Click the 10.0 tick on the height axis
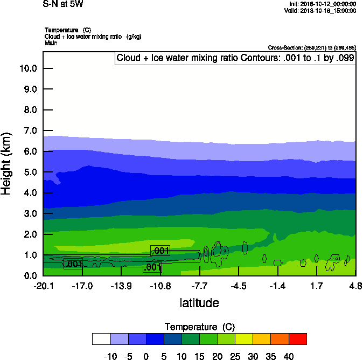pyautogui.click(x=27, y=68)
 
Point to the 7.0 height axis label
pyautogui.click(x=27, y=131)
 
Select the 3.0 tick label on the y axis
pyautogui.click(x=27, y=214)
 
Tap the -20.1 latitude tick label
pyautogui.click(x=43, y=285)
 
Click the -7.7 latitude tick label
pyautogui.click(x=200, y=285)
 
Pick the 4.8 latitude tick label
pyautogui.click(x=355, y=285)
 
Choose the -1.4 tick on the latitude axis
pyautogui.click(x=277, y=285)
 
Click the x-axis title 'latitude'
pyautogui.click(x=199, y=303)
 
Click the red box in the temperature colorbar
pyautogui.click(x=297, y=339)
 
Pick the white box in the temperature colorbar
pyautogui.click(x=101, y=339)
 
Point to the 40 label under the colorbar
pyautogui.click(x=289, y=356)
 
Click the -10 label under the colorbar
pyautogui.click(x=110, y=356)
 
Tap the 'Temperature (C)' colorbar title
pyautogui.click(x=199, y=327)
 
